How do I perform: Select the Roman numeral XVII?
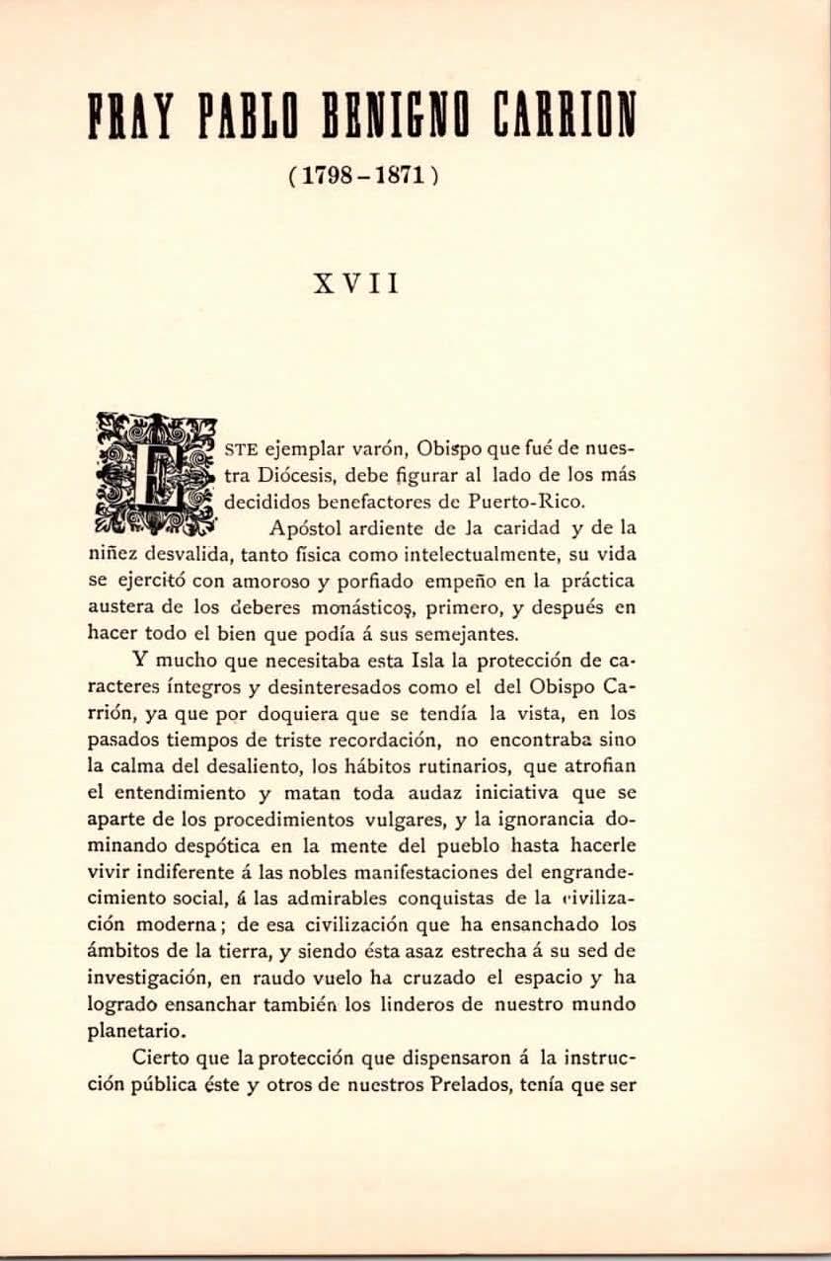point(357,284)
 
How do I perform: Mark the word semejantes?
point(485,635)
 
